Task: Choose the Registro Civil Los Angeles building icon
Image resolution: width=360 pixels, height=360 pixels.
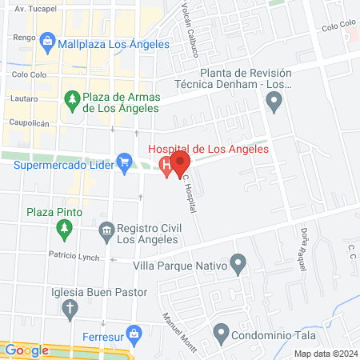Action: pyautogui.click(x=106, y=232)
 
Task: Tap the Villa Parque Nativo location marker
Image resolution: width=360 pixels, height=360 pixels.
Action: pyautogui.click(x=237, y=262)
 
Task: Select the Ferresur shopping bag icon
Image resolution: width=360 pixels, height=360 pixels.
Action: pyautogui.click(x=134, y=332)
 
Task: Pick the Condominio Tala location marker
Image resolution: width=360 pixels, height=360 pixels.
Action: pyautogui.click(x=222, y=332)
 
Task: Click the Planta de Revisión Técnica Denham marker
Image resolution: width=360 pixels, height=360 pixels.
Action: pyautogui.click(x=274, y=102)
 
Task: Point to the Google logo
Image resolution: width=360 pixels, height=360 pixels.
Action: pyautogui.click(x=26, y=350)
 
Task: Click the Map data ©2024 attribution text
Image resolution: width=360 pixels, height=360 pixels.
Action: pyautogui.click(x=324, y=354)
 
